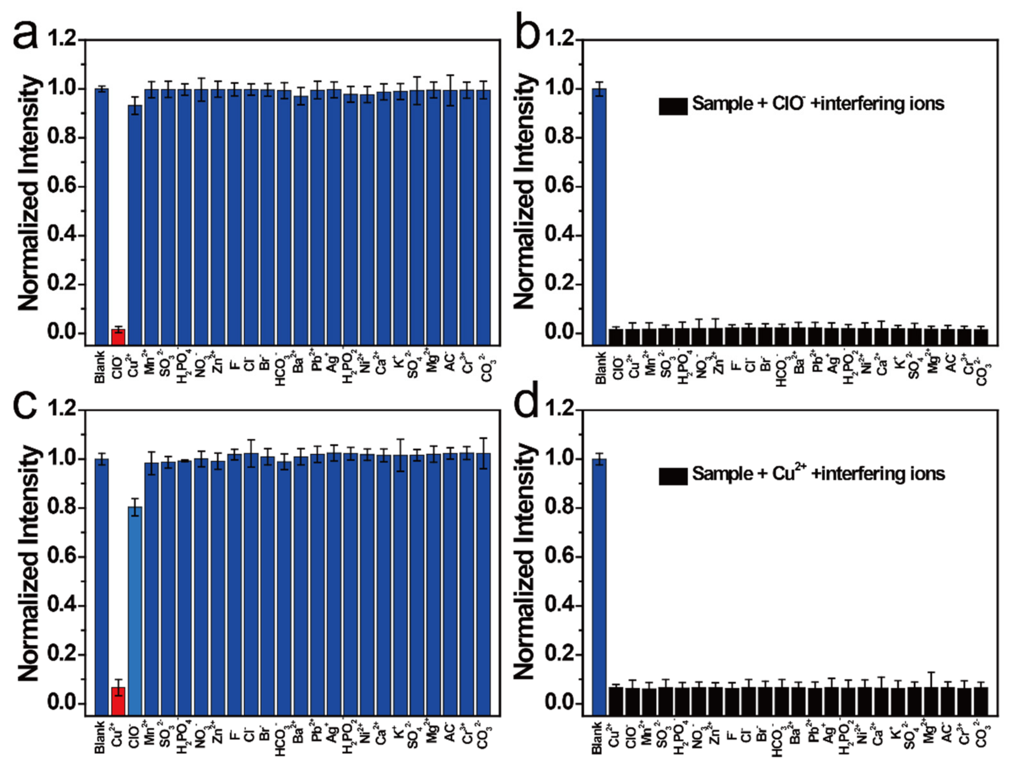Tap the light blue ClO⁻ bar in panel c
[135, 609]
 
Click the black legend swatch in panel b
[673, 106]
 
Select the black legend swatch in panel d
[673, 476]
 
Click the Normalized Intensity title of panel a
[30, 192]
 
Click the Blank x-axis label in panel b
[600, 367]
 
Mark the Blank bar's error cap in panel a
[102, 86]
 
